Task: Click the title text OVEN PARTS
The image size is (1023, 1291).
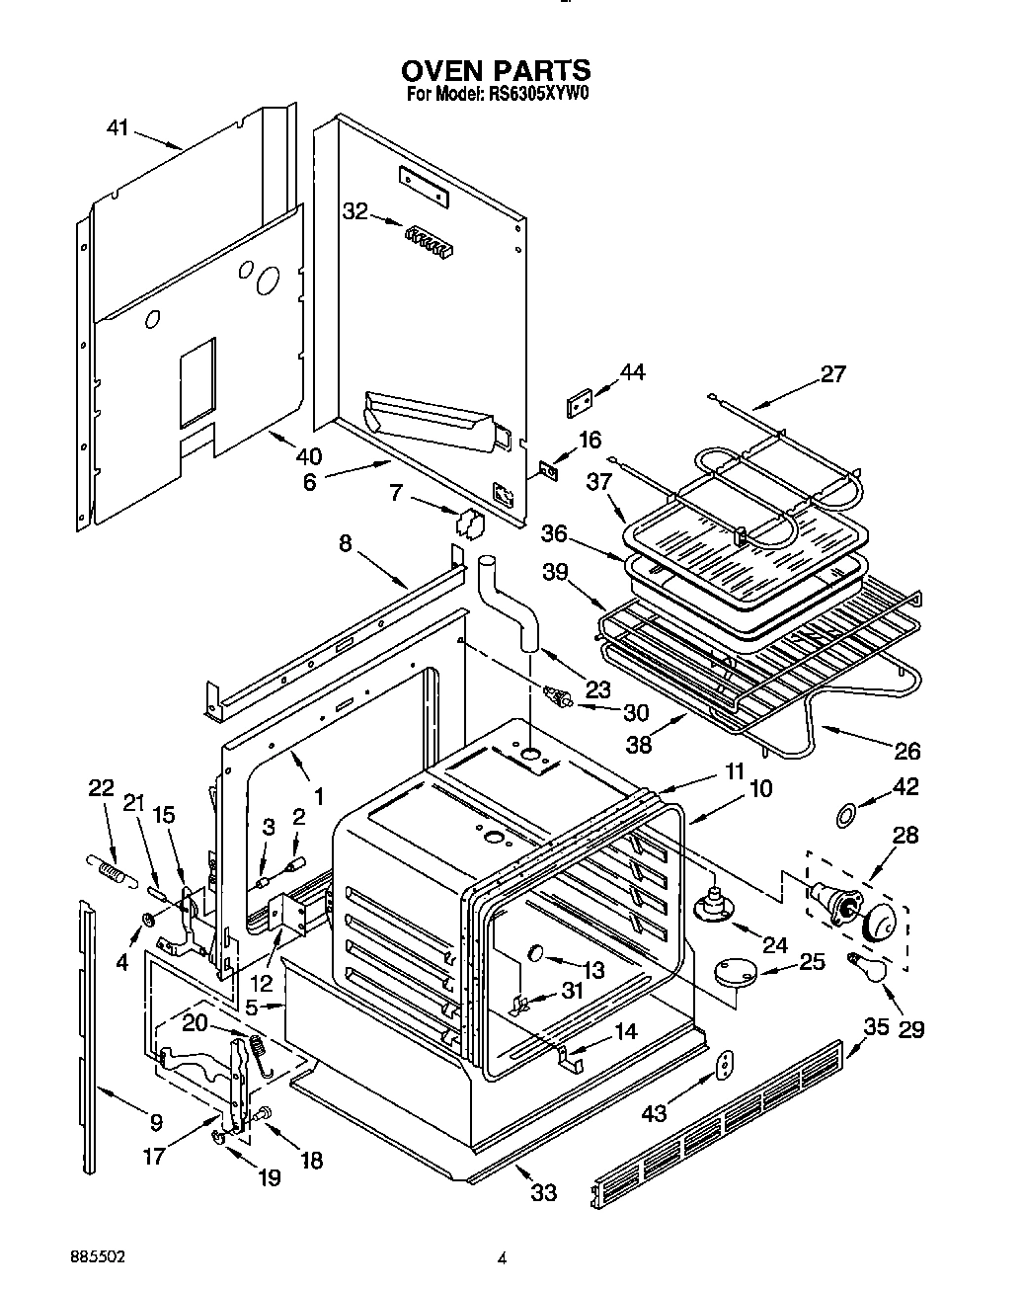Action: tap(497, 71)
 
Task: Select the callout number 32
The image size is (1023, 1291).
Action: tap(355, 210)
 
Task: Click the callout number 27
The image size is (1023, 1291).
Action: tap(833, 374)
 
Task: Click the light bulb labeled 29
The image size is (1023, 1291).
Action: tap(866, 968)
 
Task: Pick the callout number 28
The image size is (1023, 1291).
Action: tap(904, 835)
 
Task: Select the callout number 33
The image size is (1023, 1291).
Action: tap(543, 1193)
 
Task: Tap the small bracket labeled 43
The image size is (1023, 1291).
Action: tap(726, 1063)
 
